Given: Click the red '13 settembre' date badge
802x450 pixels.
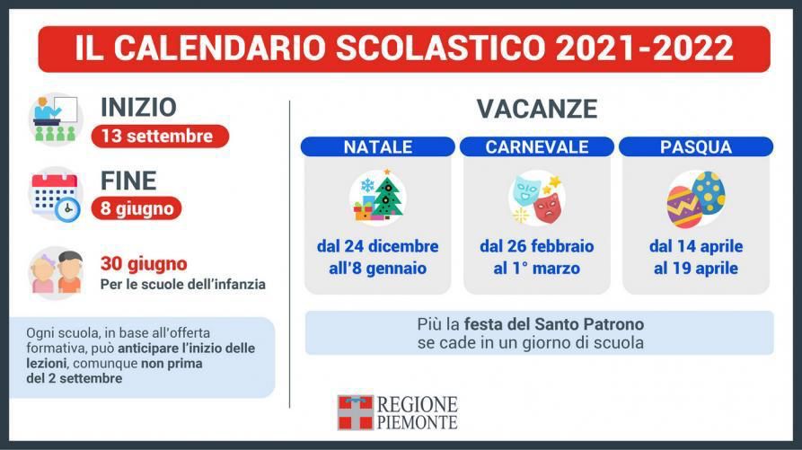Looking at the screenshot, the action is coord(160,136).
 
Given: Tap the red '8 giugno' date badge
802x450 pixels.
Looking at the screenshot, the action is coord(137,208).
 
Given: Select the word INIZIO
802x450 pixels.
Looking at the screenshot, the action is coord(138,108).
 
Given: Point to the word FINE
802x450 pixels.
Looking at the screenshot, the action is coord(128,181).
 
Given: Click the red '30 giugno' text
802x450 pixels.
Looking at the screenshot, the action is coord(144,264).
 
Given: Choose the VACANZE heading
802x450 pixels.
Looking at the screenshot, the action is coord(537,109).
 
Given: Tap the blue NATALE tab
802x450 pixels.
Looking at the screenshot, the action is coord(378,146).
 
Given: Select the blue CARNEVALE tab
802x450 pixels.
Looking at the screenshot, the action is coord(537,146).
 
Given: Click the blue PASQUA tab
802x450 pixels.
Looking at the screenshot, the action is coord(696,146).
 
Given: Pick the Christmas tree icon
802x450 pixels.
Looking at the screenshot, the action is coord(387,196).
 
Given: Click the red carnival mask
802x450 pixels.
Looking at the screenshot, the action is coord(548,207).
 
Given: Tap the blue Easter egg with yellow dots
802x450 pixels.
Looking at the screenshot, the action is coord(709,191).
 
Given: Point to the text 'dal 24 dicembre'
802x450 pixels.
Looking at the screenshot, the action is coord(378,246).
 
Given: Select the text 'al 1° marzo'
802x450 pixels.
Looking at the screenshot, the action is coord(537,269).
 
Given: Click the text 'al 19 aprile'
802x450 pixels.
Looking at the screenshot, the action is coord(696,269).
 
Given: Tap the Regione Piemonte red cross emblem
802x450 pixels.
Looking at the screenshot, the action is coord(356,412).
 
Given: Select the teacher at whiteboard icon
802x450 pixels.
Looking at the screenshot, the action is coord(56,119).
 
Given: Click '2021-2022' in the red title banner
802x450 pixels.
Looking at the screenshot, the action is coord(645,49).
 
